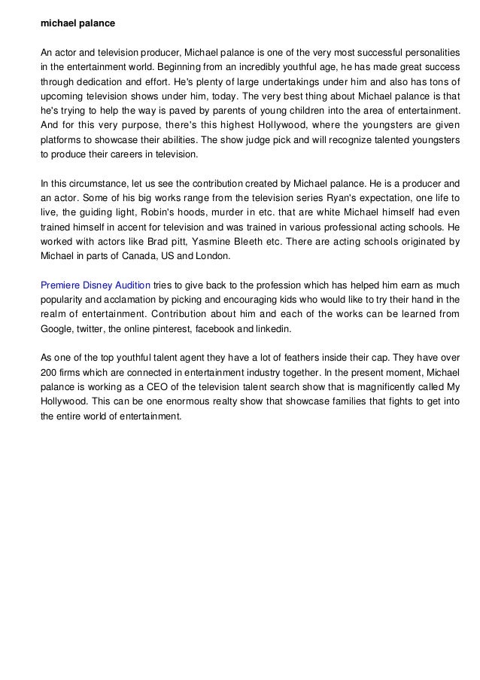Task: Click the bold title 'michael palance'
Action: click(x=77, y=23)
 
